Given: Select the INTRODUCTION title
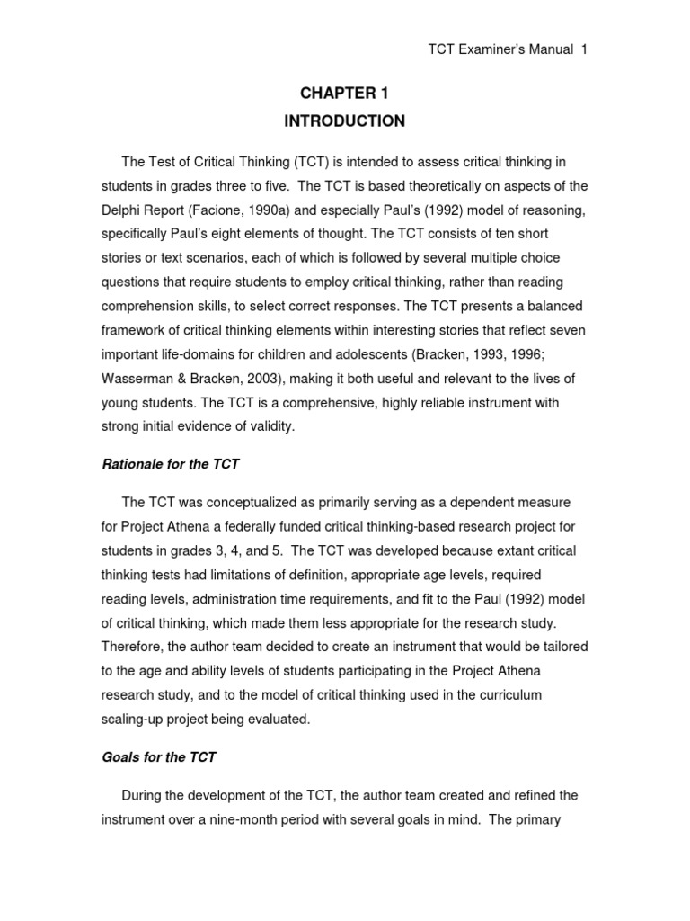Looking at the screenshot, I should click(x=344, y=121).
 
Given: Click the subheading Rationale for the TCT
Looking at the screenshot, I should click(x=170, y=464).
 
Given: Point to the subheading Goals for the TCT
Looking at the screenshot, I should click(x=159, y=757).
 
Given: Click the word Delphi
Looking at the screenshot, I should click(x=121, y=210).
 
